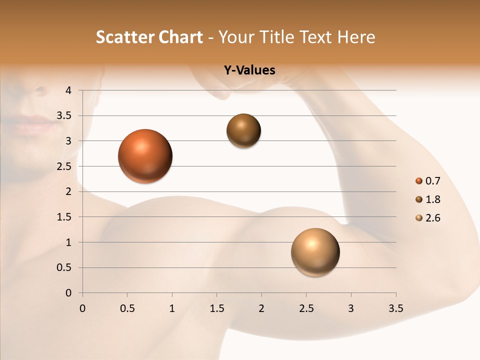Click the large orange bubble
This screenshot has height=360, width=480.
coord(145,156)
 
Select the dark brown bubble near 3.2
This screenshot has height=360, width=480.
coord(243,131)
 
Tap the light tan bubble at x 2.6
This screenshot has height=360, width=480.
coord(315,252)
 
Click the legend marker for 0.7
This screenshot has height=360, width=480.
coord(419,181)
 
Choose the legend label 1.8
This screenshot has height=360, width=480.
coord(432,199)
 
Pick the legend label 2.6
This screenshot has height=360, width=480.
coord(432,218)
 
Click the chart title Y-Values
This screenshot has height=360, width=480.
coord(249,70)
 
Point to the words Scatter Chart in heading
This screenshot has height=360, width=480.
coord(149,37)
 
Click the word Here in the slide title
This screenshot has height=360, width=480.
coord(356,37)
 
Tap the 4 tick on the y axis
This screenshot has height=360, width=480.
coord(68,90)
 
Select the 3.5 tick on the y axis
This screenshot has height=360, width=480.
coord(64,116)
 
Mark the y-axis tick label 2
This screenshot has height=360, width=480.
coord(68,191)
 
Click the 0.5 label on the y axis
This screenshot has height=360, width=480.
coord(64,267)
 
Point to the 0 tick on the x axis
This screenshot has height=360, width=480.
coord(82,308)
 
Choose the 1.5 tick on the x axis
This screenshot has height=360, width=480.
coord(216,308)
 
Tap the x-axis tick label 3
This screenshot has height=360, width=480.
coord(351,308)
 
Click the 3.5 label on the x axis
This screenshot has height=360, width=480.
coord(395,308)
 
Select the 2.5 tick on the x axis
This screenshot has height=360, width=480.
coord(306,308)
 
